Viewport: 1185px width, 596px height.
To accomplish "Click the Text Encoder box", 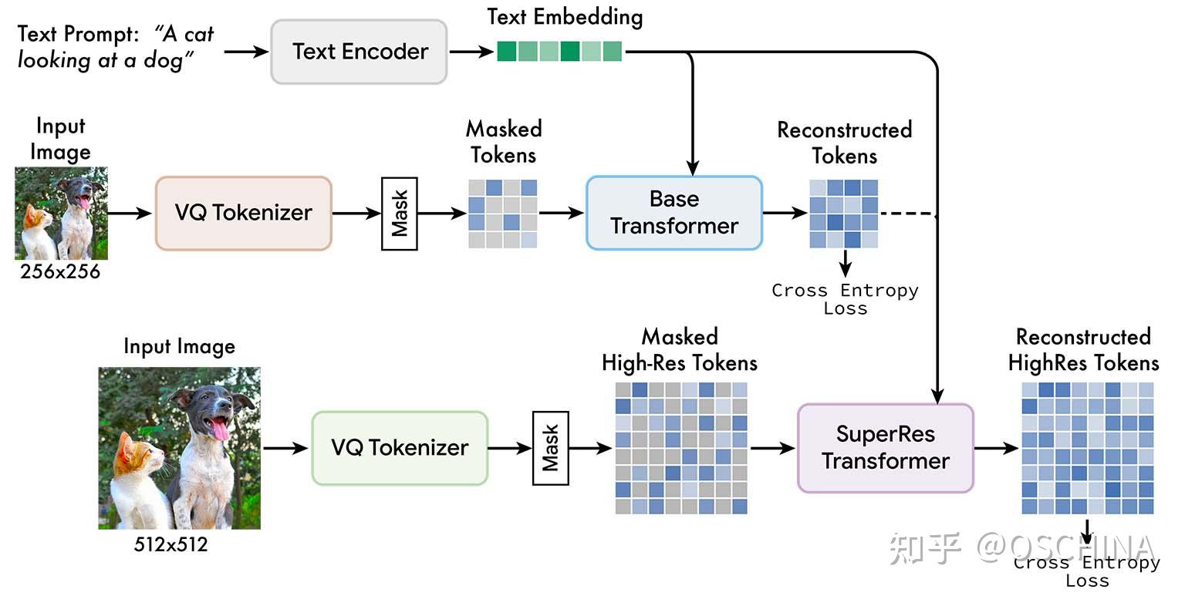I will tap(359, 52).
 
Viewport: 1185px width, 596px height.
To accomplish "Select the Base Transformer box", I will tap(674, 213).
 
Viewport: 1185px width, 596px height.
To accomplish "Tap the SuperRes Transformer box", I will tap(886, 448).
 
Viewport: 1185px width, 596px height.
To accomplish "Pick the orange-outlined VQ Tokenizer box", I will tap(244, 213).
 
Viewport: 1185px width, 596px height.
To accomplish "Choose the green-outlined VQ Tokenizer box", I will tap(400, 448).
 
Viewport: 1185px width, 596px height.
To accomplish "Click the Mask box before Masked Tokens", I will tap(400, 214).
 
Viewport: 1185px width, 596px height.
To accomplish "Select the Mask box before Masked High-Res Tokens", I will tap(550, 448).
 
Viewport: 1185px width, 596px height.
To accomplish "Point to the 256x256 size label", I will tap(60, 271).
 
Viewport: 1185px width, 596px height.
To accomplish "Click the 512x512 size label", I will tap(170, 544).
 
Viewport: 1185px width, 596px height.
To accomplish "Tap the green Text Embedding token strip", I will tap(559, 52).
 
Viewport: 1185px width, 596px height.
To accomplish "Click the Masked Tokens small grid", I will tap(503, 214).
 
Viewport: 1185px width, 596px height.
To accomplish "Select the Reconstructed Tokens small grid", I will tap(843, 214).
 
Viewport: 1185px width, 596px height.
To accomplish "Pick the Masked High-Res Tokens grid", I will tap(681, 447).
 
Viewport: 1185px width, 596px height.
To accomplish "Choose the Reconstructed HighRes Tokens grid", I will tap(1088, 448).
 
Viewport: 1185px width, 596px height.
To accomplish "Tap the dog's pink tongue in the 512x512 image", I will tap(220, 429).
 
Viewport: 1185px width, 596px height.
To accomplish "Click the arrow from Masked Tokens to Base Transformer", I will tap(561, 214).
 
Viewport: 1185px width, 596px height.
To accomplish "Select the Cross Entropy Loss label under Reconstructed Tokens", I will tap(845, 299).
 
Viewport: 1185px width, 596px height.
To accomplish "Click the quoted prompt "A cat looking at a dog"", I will tap(115, 47).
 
